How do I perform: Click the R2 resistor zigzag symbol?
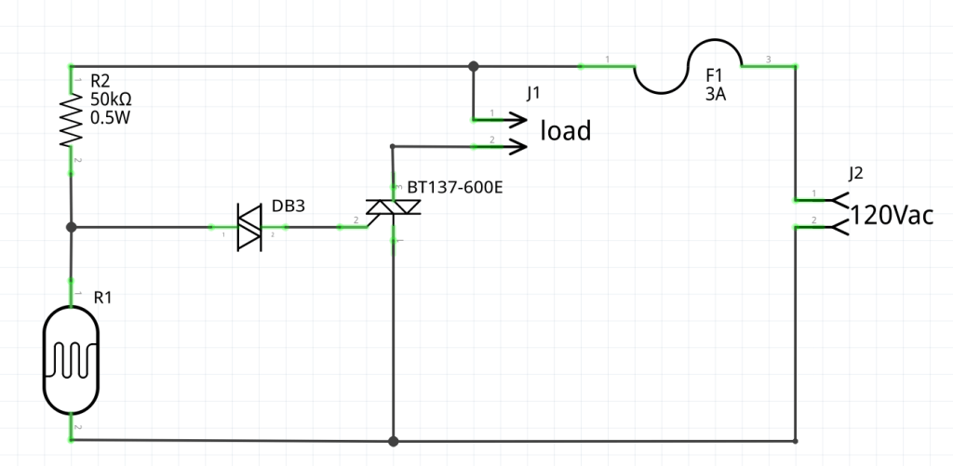[x=71, y=119]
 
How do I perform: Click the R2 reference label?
[x=100, y=82]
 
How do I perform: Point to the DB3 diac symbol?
[x=248, y=227]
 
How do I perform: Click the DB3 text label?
[x=288, y=206]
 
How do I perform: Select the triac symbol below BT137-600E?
[x=393, y=213]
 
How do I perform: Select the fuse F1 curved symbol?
[x=688, y=67]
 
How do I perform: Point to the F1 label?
[x=713, y=74]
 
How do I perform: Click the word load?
[x=566, y=131]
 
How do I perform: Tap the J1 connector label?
[x=532, y=93]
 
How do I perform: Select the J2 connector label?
[x=856, y=173]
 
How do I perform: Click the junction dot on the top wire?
[x=474, y=66]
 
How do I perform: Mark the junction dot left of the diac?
[x=71, y=227]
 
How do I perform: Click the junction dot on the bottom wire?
[x=393, y=440]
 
